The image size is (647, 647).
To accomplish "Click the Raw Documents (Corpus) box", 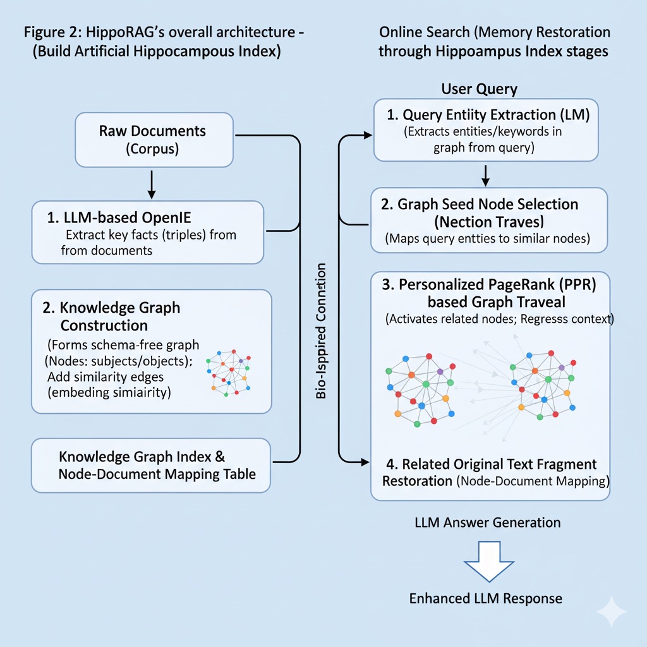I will pos(154,140).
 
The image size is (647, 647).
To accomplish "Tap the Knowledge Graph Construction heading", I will pos(111,317).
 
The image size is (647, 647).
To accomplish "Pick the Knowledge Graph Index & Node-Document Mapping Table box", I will pos(150,466).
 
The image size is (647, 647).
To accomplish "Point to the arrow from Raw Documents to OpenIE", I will pos(151,183).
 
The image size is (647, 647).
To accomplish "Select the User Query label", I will pos(479,88).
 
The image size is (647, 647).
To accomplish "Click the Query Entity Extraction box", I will pos(485,130).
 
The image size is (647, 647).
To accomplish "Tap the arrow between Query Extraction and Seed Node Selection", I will pos(485,176).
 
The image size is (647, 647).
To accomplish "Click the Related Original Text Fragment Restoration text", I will pos(488,473).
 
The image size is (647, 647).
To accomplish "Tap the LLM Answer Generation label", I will pos(487,523).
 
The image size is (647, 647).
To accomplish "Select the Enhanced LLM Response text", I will pos(485,598).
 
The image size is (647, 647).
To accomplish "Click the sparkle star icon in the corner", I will pos(611,612).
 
